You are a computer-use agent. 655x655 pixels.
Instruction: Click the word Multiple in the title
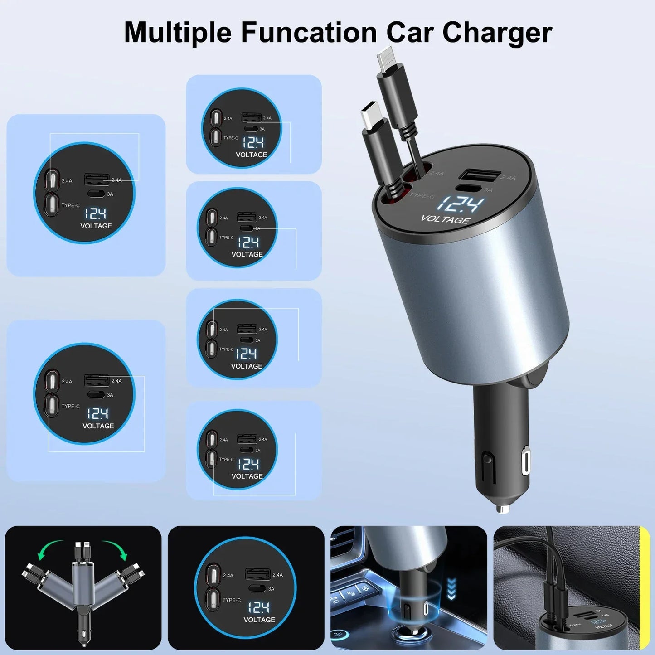178,33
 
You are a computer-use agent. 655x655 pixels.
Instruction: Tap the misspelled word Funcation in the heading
308,33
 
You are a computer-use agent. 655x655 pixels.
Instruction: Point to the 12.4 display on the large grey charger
459,204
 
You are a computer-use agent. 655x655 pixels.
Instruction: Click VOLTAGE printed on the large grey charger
445,220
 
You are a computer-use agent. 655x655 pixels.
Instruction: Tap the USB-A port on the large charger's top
480,176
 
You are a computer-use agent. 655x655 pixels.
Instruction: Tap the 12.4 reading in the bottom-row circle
259,607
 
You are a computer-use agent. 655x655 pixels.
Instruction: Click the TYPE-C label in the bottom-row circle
232,600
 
